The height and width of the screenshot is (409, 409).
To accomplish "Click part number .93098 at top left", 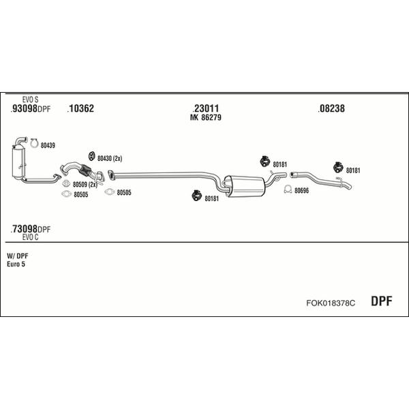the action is pos(24,108).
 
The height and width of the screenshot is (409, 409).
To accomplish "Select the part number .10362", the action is pos(80,108).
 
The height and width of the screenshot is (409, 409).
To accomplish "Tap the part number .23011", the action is pos(206,108).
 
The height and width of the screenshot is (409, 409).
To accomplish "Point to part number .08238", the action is pos(331,108).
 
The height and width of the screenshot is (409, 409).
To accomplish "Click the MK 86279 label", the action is pos(206,118).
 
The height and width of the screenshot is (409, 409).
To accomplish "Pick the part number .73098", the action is pos(24,229).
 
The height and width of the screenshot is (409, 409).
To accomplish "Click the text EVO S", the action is pos(30,100).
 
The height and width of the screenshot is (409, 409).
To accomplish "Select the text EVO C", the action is pos(30,237).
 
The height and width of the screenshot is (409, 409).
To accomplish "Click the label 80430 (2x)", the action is pos(110,158).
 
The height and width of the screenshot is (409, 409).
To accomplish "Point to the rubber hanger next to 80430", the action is pos(91,156).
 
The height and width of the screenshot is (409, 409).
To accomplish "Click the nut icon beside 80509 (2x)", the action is pos(66,183).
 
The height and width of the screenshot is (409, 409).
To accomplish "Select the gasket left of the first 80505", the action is pos(66,194).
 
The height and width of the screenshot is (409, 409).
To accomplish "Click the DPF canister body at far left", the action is pos(18,163).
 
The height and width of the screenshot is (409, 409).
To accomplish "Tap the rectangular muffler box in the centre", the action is pos(245,186).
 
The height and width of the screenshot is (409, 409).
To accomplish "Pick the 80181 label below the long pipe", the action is pos(211,199).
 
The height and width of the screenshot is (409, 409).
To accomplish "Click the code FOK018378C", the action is pos(331,303).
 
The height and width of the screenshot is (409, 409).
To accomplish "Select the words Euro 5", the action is pos(16,264).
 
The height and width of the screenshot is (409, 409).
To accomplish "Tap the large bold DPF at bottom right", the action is pos(381,301).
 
